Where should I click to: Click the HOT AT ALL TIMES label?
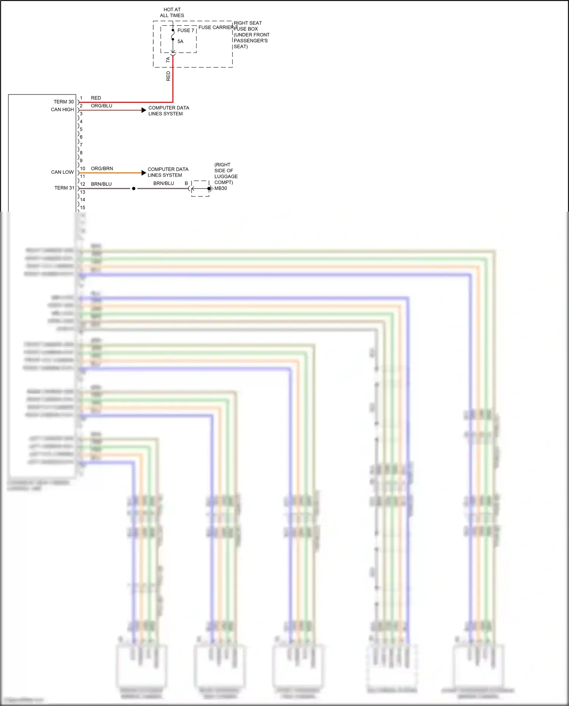[x=172, y=13]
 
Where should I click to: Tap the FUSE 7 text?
[x=185, y=30]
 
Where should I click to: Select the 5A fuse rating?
[x=180, y=41]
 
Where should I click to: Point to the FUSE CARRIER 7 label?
[x=218, y=27]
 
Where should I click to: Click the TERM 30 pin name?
[x=63, y=102]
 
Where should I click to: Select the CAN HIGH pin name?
[x=62, y=110]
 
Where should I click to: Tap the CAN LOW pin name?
[x=62, y=172]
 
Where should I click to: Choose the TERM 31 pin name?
[x=64, y=188]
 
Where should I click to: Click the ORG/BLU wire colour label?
[x=101, y=106]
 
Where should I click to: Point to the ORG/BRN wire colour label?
[x=102, y=168]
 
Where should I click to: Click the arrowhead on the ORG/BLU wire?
[x=143, y=110]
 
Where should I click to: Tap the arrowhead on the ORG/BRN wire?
[x=143, y=173]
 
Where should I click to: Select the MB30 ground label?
[x=221, y=188]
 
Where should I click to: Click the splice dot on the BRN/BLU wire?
[x=134, y=189]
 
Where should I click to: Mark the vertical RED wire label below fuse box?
[x=168, y=76]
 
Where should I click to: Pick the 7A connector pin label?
[x=168, y=60]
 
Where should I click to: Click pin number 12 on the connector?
[x=82, y=184]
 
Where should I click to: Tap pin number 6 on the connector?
[x=81, y=137]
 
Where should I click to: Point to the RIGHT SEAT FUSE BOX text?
[x=247, y=26]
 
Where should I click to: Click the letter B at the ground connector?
[x=186, y=183]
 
